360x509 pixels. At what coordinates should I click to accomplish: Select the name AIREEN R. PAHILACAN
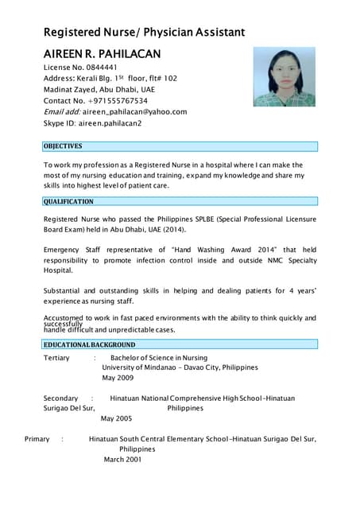101,53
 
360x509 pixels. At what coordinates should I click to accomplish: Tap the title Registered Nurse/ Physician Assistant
144,32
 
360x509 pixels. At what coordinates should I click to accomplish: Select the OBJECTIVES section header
63,146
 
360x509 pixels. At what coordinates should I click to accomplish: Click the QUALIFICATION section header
68,202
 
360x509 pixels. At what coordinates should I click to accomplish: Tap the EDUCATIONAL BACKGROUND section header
89,345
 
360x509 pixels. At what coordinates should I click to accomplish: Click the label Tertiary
56,358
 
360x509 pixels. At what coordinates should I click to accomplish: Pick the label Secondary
60,398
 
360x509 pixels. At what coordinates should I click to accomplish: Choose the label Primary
37,438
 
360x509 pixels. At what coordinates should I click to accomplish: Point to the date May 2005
116,418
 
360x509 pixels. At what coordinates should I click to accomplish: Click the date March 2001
122,459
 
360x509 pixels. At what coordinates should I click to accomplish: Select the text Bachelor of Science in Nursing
158,358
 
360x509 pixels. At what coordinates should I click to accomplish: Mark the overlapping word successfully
63,324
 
